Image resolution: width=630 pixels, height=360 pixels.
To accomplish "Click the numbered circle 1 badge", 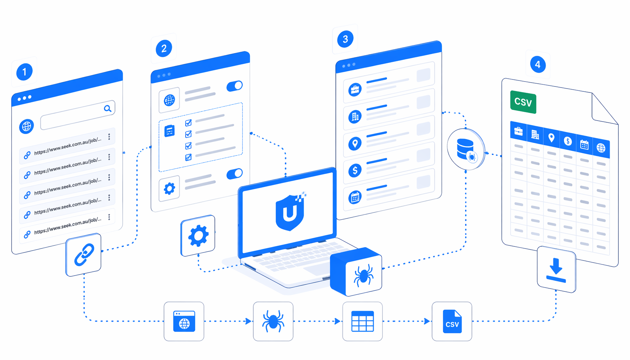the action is (24, 72).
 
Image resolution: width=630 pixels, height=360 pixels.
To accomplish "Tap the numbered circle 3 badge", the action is (345, 39).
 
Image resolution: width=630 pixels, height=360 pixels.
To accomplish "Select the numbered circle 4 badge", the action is (538, 65).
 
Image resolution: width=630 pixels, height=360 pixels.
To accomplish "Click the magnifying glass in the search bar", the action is (108, 108).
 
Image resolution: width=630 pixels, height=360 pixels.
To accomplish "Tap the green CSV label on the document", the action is (523, 102).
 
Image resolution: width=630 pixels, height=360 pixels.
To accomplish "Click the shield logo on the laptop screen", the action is (290, 211).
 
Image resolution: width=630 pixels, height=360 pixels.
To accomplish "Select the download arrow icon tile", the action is (556, 269).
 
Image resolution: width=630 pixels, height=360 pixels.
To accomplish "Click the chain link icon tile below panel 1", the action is (84, 255).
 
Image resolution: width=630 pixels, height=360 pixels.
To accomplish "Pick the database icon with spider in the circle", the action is (466, 149).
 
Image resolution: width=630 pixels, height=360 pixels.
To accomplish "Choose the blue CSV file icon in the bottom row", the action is (452, 321).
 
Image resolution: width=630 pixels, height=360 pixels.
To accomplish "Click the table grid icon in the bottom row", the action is (362, 321).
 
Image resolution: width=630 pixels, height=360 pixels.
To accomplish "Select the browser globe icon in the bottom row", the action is (184, 321).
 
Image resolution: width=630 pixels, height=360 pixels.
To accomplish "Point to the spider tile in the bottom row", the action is (273, 321).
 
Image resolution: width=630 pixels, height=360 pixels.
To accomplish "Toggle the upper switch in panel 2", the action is (234, 86).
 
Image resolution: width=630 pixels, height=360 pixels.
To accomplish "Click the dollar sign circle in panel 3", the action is (355, 171).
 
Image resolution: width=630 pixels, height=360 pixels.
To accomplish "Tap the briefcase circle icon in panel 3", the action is (355, 90).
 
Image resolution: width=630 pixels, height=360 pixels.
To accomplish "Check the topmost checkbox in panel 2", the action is (188, 123).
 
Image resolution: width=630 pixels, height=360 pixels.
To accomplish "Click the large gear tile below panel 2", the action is (198, 236).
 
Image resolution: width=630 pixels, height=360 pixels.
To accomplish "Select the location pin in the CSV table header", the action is (551, 138).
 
